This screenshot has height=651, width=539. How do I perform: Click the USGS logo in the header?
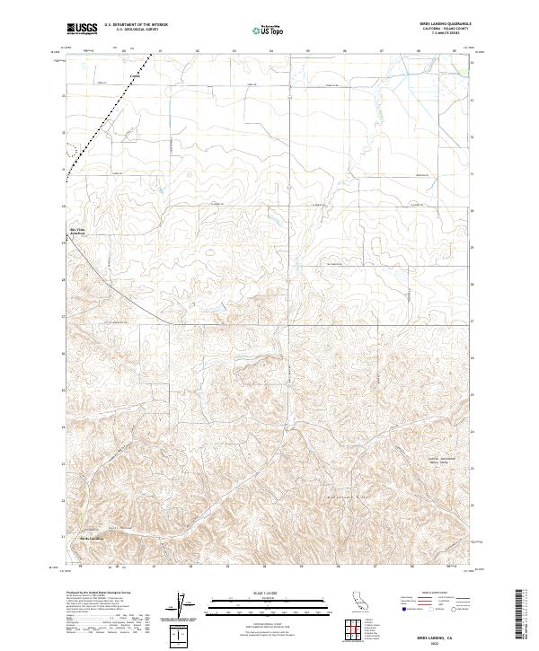coord(82,29)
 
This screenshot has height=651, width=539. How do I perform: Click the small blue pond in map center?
coord(219,313)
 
